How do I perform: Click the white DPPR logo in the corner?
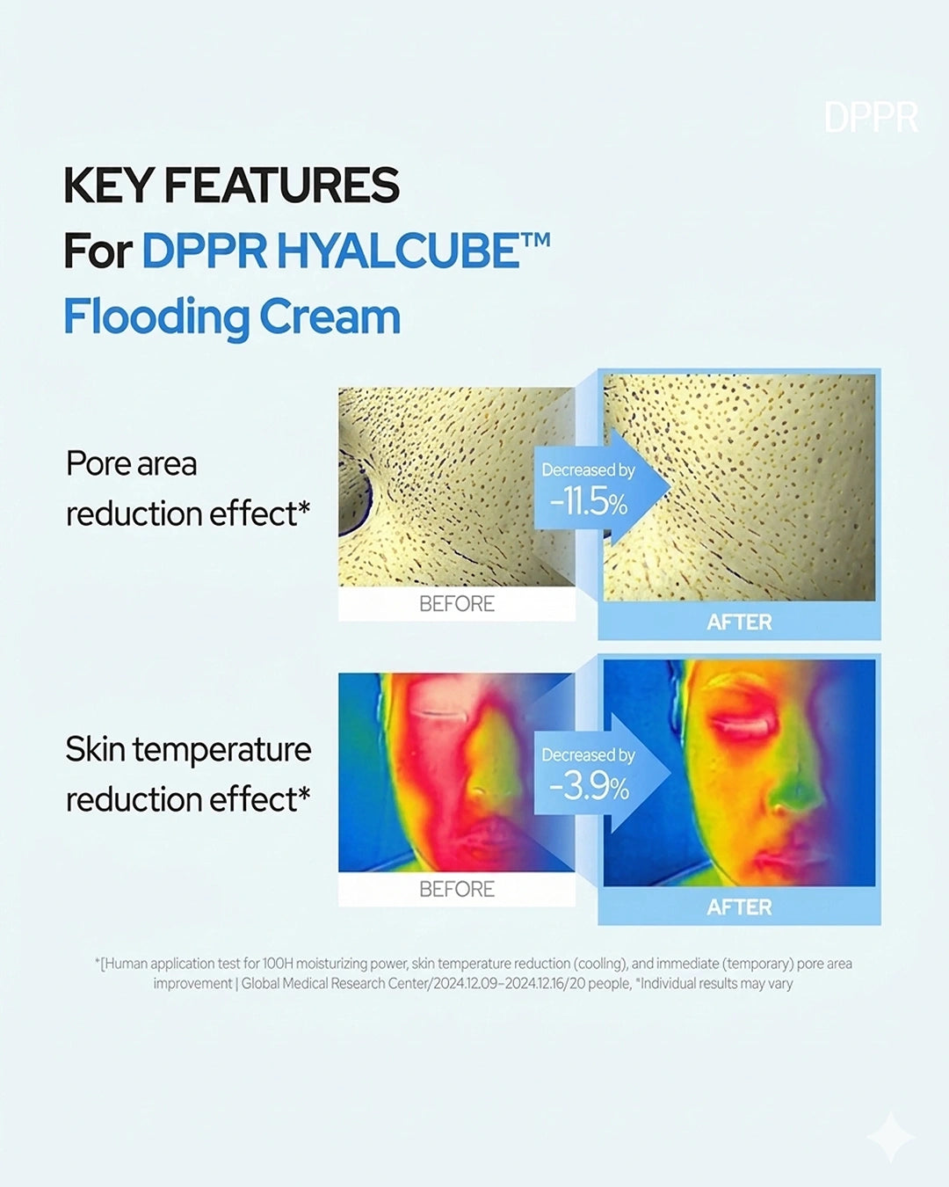click(x=872, y=117)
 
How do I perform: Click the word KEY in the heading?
click(x=107, y=186)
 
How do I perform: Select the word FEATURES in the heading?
click(x=282, y=186)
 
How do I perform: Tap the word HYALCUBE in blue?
click(x=398, y=251)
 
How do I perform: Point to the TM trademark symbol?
click(x=534, y=239)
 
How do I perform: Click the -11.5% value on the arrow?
click(x=589, y=503)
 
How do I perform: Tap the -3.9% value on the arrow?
click(x=589, y=788)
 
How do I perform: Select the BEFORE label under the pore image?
click(x=457, y=604)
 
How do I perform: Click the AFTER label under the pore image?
click(x=739, y=623)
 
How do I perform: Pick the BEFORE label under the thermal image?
click(x=457, y=889)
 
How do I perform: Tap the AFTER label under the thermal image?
click(x=739, y=907)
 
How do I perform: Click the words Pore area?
click(x=131, y=463)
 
